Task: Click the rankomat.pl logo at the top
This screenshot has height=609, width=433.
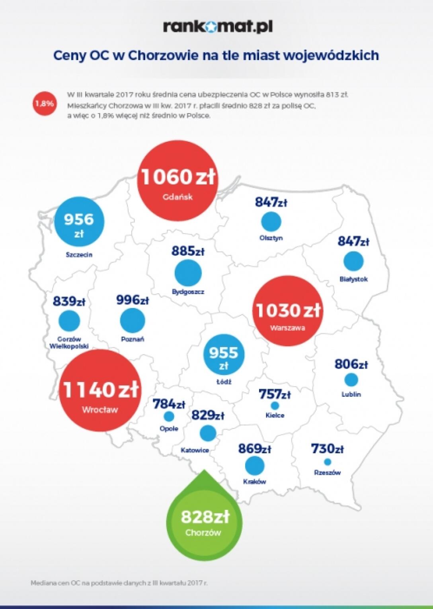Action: coord(217,27)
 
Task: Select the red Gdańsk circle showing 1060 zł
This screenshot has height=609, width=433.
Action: coord(177,182)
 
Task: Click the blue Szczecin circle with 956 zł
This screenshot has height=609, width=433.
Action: coord(80,224)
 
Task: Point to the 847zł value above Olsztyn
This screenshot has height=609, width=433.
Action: coord(271,202)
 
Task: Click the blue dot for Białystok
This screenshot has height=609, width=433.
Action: coord(353,261)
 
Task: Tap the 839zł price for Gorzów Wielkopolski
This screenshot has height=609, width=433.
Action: coord(69,301)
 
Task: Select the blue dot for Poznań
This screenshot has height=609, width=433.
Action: coord(133,320)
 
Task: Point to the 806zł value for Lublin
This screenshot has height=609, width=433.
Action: coord(351,364)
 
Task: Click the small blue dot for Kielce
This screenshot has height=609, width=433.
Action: coord(275,405)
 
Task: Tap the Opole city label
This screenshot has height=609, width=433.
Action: coord(169,429)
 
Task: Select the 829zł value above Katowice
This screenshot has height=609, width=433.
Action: coord(207,415)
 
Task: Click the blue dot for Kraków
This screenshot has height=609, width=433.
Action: coord(255,465)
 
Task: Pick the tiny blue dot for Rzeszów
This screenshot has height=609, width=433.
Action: coord(328,462)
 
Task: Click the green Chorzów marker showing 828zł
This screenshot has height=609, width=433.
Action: coord(205,521)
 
